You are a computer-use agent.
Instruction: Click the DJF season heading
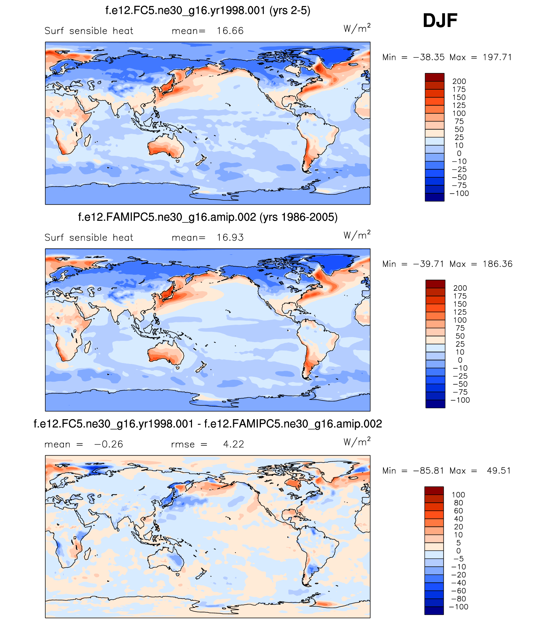click(440, 21)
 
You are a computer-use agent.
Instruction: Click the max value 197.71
click(497, 57)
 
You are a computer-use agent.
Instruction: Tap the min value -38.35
click(429, 57)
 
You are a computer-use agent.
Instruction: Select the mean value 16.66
click(230, 31)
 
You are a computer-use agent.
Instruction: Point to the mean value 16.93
click(230, 238)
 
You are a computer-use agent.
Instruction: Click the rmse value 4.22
click(233, 444)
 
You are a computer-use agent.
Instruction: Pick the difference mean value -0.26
click(109, 444)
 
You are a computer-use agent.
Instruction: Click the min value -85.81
click(429, 471)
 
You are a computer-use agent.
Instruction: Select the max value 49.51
click(499, 471)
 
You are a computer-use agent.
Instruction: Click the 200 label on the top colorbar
click(459, 82)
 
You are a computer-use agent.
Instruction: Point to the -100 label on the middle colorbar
click(460, 400)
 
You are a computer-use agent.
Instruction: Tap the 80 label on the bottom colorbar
click(458, 503)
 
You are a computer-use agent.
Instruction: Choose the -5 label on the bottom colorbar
click(458, 559)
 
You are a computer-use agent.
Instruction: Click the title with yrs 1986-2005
click(208, 217)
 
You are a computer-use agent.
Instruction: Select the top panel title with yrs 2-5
click(208, 11)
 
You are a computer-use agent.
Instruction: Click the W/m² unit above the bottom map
click(357, 442)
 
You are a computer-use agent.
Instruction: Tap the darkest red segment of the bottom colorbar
click(434, 491)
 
